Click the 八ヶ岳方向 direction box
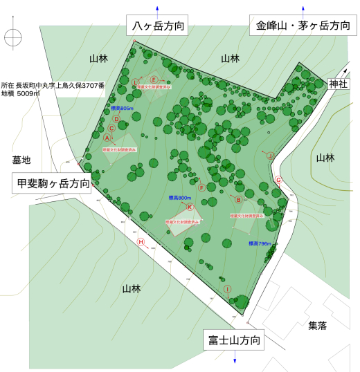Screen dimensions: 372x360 pyautogui.click(x=158, y=26)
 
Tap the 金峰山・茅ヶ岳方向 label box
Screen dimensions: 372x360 pyautogui.click(x=303, y=26)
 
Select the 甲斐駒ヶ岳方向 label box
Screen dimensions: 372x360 pyautogui.click(x=51, y=183)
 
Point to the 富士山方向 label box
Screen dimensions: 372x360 pyautogui.click(x=234, y=341)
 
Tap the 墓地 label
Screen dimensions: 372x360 pyautogui.click(x=21, y=160)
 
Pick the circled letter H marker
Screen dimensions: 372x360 pyautogui.click(x=141, y=242)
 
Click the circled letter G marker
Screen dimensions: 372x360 pyautogui.click(x=278, y=180)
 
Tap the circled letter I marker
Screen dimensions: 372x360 pyautogui.click(x=227, y=288)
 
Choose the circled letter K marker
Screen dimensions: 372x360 pyautogui.click(x=189, y=207)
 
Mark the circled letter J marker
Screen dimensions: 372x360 pyautogui.click(x=270, y=156)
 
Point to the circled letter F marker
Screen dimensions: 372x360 pyautogui.click(x=201, y=187)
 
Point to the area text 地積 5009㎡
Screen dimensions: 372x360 pyautogui.click(x=20, y=93)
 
